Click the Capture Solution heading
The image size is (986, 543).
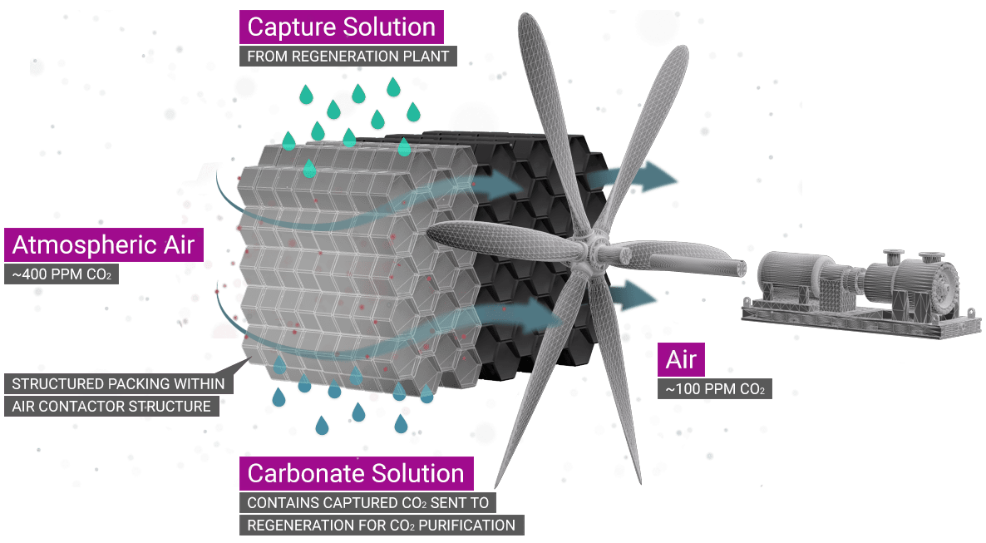(x=341, y=27)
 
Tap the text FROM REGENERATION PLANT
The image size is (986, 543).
(x=348, y=57)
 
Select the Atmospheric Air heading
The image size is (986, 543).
(x=104, y=245)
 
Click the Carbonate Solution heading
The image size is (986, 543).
(x=356, y=473)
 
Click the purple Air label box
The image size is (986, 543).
(x=681, y=360)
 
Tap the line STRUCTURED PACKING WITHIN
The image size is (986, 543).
(x=119, y=384)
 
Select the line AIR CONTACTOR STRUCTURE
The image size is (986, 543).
(x=111, y=407)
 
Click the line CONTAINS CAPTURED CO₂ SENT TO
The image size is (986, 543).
(x=368, y=503)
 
